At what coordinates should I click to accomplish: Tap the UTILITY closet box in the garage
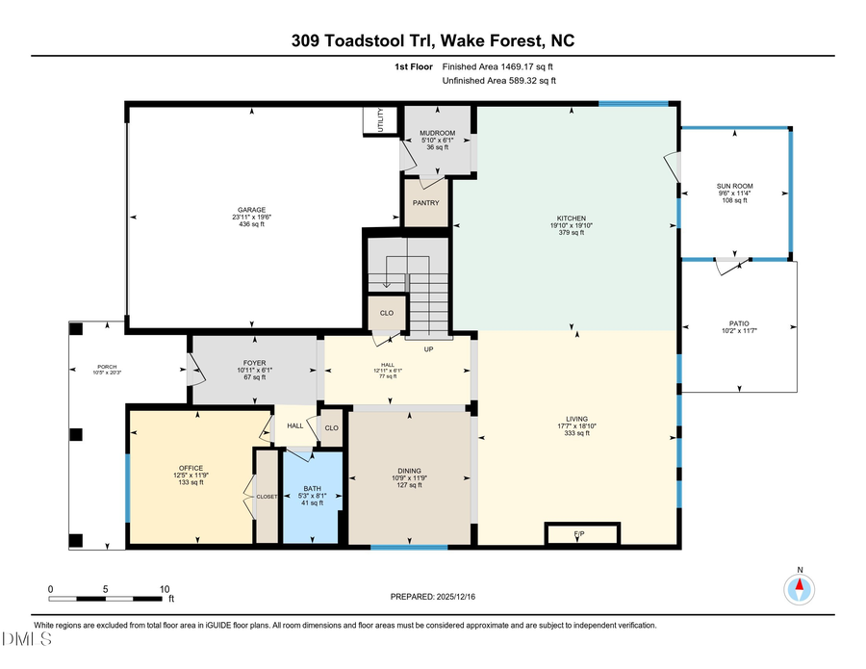[379, 122]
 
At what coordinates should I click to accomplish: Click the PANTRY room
[425, 203]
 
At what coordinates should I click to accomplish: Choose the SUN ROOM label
[735, 186]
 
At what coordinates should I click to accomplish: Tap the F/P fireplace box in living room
[579, 533]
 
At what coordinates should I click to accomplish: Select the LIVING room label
[577, 419]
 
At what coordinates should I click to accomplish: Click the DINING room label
[410, 471]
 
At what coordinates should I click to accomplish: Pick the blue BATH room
[311, 497]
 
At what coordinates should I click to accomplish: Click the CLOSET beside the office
[266, 496]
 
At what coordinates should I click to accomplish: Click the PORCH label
[107, 367]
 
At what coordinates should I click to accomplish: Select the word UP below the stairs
[428, 347]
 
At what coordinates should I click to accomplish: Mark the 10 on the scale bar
[164, 589]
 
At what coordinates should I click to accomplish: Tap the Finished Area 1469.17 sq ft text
[497, 66]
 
